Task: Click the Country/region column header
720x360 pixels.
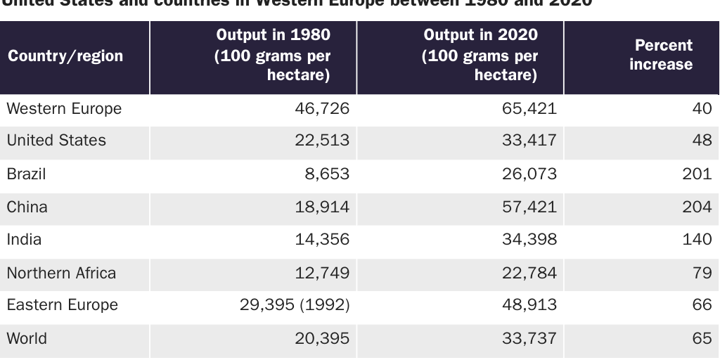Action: pos(65,56)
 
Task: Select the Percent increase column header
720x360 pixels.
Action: pos(662,55)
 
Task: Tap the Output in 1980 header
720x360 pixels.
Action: pos(272,55)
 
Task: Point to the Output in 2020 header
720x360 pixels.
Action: pos(480,55)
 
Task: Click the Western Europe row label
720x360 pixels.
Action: pos(64,109)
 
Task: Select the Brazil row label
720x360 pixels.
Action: pos(26,174)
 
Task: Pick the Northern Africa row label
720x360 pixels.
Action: pos(61,273)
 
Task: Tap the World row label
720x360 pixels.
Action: pos(27,338)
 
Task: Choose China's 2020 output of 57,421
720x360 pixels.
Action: pos(529,207)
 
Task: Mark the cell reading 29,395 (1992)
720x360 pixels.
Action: pos(294,305)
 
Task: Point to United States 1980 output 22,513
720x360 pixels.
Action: pos(321,141)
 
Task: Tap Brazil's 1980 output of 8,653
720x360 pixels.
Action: pos(326,174)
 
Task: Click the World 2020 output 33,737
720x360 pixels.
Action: pos(529,338)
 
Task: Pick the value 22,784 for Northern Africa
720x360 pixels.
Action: pos(529,273)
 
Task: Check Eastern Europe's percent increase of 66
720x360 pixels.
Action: pos(702,305)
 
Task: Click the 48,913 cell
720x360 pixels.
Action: pos(529,305)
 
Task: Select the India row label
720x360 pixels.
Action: pos(24,240)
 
